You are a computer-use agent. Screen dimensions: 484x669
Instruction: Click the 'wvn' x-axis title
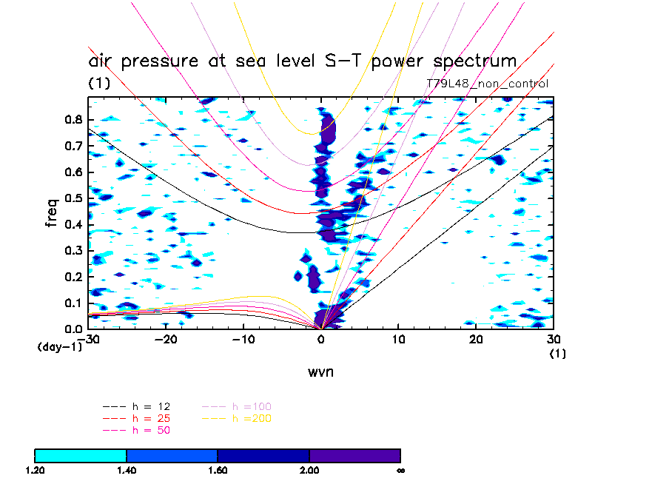321,372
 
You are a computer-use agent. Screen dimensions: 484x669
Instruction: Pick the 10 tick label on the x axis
399,339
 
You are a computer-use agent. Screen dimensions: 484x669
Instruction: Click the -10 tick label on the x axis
244,339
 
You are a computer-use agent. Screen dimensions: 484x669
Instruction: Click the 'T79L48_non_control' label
488,84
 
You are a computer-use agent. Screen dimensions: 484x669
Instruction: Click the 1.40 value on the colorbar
127,470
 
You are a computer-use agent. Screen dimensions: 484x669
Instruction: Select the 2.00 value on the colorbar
309,470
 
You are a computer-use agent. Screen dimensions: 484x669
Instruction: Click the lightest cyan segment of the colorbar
81,455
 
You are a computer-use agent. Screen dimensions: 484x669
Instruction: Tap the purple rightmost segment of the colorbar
354,455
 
